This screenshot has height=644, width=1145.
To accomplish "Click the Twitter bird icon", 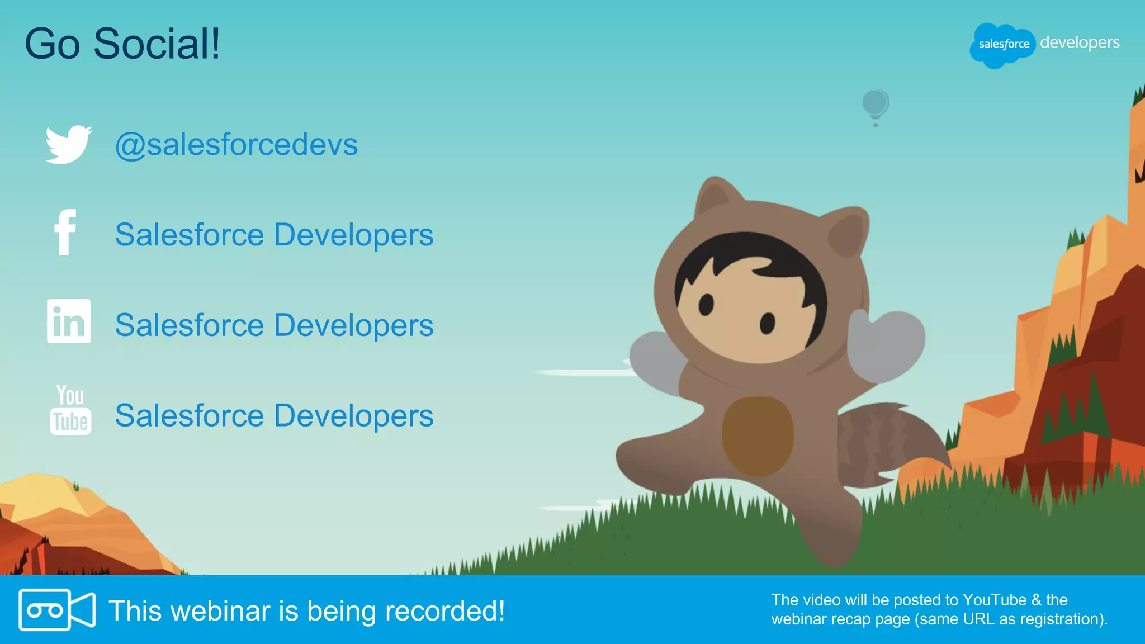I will click(68, 144).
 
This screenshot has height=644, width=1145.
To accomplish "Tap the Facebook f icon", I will click(65, 233).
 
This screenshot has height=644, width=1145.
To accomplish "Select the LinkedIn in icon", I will click(69, 321).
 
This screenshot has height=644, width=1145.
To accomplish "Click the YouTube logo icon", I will click(70, 410).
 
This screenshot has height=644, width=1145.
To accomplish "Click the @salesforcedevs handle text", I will click(236, 145).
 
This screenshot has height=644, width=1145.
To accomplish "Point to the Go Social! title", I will click(122, 44).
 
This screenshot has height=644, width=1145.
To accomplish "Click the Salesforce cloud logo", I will click(1002, 45).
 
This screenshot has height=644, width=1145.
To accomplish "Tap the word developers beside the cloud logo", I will click(1080, 42).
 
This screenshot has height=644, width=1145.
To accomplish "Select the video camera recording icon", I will click(57, 609).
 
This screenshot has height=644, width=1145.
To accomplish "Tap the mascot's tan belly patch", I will click(758, 435).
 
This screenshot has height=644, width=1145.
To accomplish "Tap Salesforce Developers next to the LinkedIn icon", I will click(274, 325).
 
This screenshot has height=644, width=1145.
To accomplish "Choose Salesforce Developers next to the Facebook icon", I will click(274, 235).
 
